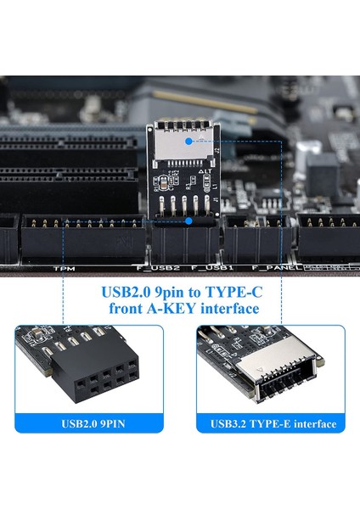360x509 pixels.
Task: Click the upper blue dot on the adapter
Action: point(188,137)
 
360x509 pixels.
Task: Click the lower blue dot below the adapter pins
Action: point(188,220)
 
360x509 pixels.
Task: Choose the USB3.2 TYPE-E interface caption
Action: point(273,422)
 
